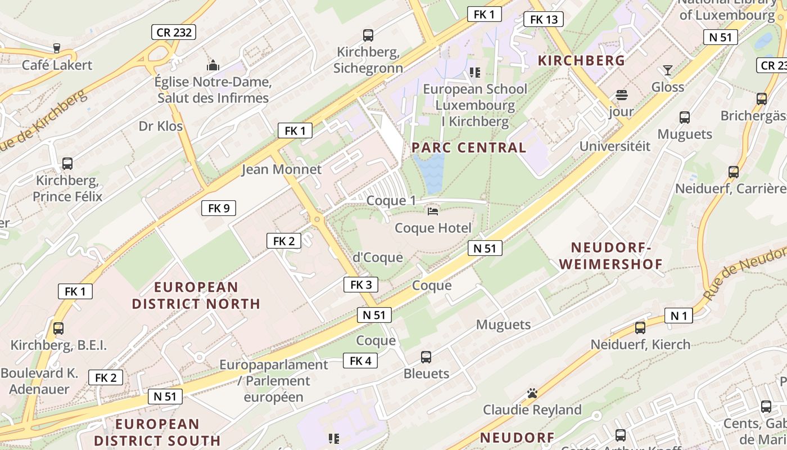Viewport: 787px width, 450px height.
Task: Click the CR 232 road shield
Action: [x=174, y=32]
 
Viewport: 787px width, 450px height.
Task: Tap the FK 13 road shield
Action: [x=544, y=20]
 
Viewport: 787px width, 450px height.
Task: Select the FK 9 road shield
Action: [x=219, y=208]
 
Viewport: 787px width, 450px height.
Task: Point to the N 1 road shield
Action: [x=679, y=316]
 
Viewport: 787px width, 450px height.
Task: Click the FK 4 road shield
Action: [x=360, y=361]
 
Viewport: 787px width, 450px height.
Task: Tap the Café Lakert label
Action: [x=57, y=65]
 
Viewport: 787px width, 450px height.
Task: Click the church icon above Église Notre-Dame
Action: [x=212, y=66]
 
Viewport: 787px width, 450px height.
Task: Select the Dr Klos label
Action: [x=161, y=125]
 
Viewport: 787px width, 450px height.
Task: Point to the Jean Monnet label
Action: [x=282, y=169]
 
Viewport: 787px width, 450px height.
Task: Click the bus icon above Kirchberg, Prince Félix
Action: [x=67, y=164]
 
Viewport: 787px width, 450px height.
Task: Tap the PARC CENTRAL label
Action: [x=469, y=148]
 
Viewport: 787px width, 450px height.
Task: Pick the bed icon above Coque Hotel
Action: [x=433, y=211]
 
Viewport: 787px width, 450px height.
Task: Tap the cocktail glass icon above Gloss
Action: [x=667, y=70]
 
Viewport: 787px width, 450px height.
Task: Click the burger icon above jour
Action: [x=622, y=94]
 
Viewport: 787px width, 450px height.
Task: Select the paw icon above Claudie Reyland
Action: [x=532, y=393]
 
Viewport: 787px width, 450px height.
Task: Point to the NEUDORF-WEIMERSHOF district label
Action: [x=611, y=255]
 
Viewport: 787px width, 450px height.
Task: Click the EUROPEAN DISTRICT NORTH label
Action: [x=196, y=295]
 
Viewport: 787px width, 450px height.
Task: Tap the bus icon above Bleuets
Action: [x=426, y=357]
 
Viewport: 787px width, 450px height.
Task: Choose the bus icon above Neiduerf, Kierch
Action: [x=640, y=328]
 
